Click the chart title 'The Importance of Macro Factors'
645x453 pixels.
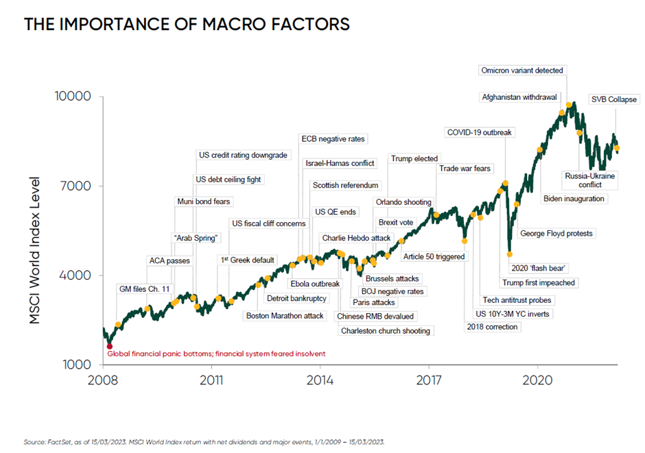point(187,25)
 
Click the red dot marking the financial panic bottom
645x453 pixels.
point(110,346)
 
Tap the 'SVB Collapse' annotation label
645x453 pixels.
point(613,99)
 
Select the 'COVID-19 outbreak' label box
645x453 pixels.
point(479,132)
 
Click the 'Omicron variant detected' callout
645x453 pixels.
point(522,71)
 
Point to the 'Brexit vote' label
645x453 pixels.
point(396,223)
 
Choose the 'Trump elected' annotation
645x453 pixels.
point(414,158)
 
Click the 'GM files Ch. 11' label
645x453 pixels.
point(144,289)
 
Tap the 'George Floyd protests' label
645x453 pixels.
point(556,234)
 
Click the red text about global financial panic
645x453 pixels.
point(216,354)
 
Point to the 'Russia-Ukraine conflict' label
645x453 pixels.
point(590,180)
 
